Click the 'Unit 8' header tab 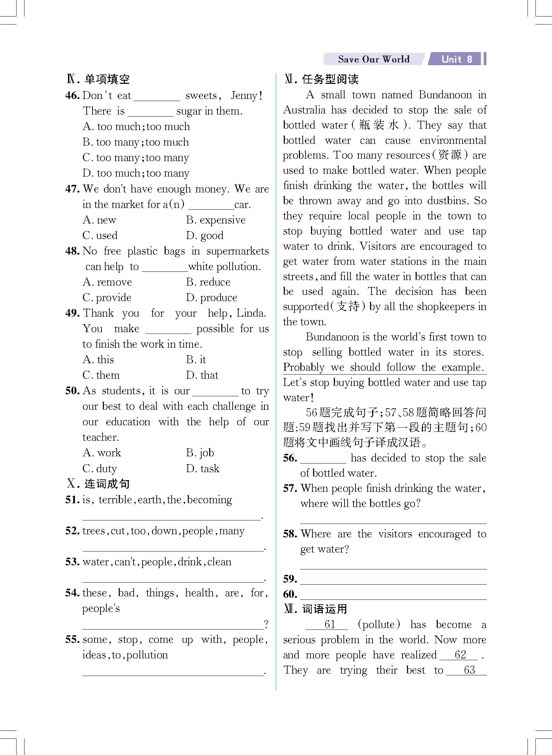click(x=456, y=59)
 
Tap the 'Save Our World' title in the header click(x=374, y=59)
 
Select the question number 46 click(x=72, y=96)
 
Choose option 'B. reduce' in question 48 click(x=208, y=282)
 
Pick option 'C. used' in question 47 click(x=100, y=236)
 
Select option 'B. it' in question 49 click(x=196, y=360)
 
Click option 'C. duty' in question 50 click(x=100, y=468)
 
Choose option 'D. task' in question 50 click(x=203, y=468)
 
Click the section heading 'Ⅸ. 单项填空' click(x=98, y=79)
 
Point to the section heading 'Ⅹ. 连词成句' click(x=98, y=484)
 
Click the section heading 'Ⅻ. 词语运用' click(x=316, y=609)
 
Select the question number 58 click(x=290, y=534)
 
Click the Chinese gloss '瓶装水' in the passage click(x=379, y=125)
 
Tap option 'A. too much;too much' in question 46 click(x=136, y=127)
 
